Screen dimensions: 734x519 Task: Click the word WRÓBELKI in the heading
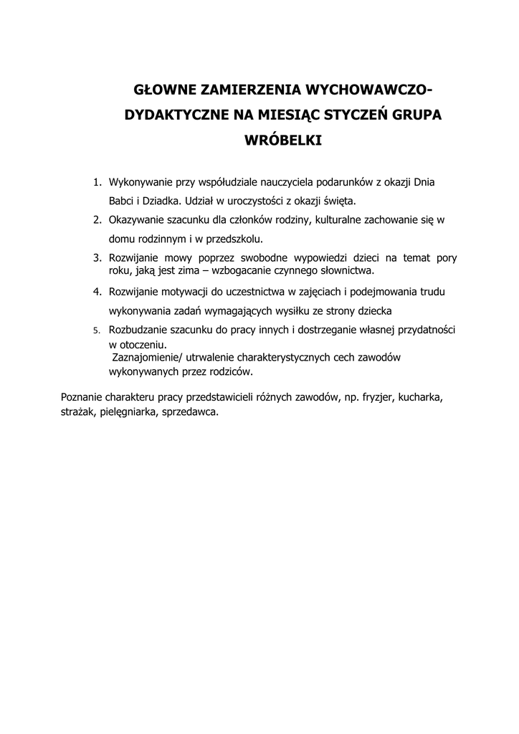(284, 140)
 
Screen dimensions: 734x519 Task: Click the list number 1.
(98, 183)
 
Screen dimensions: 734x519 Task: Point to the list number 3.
(97, 257)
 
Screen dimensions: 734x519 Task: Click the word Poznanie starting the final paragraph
(82, 396)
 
